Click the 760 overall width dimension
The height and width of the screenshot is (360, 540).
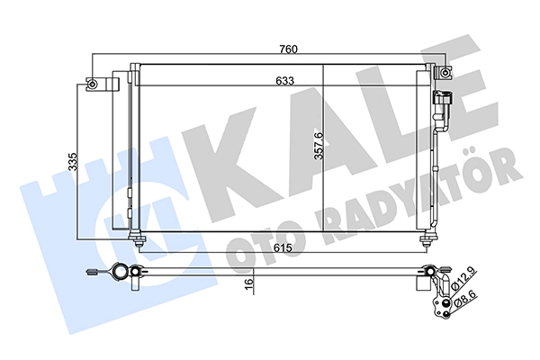(288, 49)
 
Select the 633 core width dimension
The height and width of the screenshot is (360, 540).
(285, 81)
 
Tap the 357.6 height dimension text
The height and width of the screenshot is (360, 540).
(319, 146)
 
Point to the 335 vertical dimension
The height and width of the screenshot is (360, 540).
(73, 161)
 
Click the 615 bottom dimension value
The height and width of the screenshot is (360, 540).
(283, 247)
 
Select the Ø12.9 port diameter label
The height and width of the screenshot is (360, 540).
(464, 278)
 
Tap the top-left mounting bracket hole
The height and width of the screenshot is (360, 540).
(92, 84)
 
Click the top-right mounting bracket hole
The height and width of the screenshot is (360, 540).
(445, 73)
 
